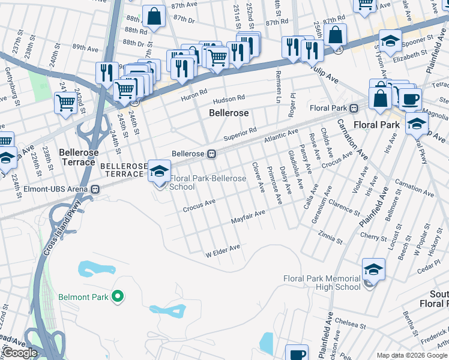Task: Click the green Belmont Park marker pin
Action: coord(118,296)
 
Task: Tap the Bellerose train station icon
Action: coord(211,154)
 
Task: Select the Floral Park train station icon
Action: coord(354,108)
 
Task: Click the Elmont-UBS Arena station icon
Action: coord(95,189)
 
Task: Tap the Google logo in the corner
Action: coord(20,352)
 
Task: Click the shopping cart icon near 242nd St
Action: coord(65,102)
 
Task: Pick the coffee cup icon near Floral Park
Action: coord(410,99)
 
